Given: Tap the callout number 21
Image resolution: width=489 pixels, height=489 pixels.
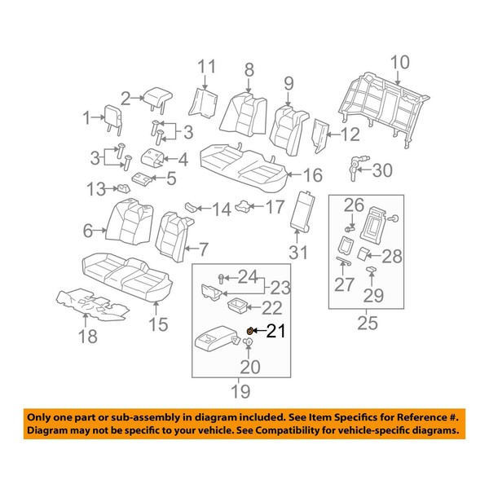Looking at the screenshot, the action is [x=276, y=331].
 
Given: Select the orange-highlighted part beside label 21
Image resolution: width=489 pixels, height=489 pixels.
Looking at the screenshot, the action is [x=250, y=330].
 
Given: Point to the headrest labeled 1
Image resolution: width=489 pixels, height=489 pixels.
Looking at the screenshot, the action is [x=112, y=118].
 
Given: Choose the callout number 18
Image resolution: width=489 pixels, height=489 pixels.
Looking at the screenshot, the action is [x=86, y=337].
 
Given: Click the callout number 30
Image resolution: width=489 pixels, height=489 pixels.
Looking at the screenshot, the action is [x=381, y=170].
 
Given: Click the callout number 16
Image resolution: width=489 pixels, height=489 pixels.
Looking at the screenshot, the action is [x=312, y=175].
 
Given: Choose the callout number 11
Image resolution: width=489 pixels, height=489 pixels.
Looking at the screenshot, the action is [x=208, y=67].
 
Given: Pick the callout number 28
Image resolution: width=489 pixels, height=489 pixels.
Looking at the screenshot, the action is [x=393, y=257].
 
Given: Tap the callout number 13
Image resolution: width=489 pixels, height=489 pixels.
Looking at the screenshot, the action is [x=95, y=190].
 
